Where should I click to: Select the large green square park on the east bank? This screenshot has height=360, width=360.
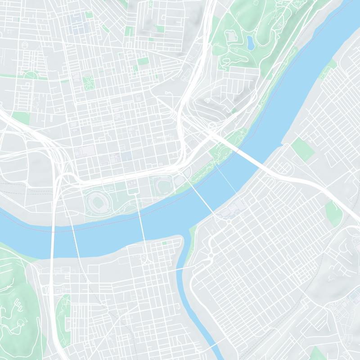[x=302, y=148]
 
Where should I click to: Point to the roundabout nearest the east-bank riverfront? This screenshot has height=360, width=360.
[x=229, y=221]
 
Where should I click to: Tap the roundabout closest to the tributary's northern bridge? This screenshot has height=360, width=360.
[x=210, y=256]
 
